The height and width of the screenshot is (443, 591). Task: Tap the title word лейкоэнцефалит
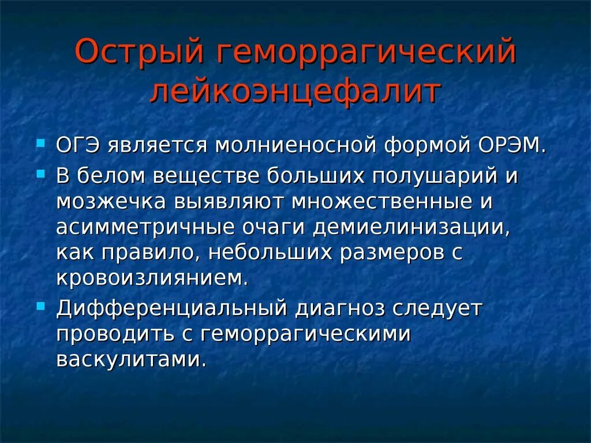pos(295,92)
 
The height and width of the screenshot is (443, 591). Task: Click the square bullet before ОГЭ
pos(40,142)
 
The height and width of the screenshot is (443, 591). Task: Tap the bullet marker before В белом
pos(40,173)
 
